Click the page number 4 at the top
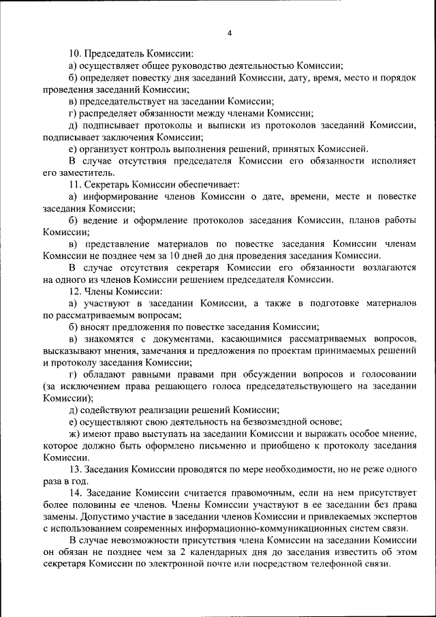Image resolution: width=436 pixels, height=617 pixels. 230,33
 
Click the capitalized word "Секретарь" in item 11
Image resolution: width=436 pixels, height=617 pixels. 112,184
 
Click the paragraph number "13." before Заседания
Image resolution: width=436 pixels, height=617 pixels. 76,469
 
